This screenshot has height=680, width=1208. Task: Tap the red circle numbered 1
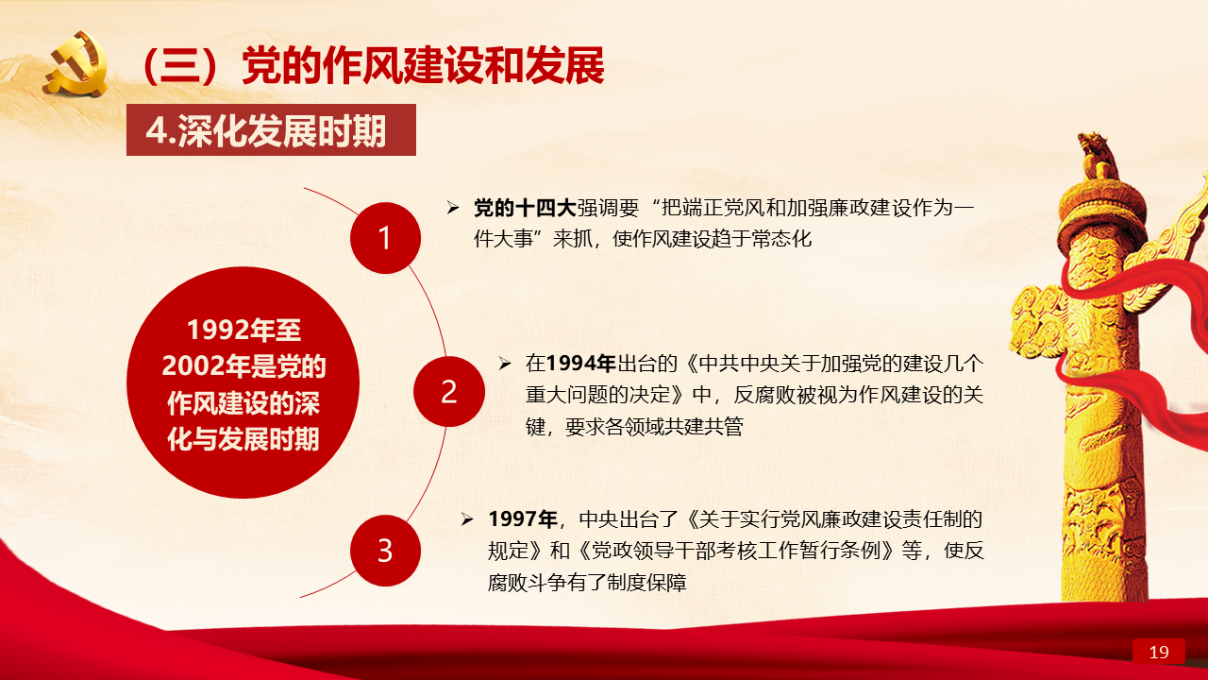(385, 238)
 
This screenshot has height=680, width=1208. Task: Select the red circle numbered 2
(448, 391)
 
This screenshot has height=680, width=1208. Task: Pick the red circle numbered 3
(385, 551)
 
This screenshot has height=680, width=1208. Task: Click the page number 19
(1159, 652)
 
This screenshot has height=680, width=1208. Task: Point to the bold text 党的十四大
(525, 208)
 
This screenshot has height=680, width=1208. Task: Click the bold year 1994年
(580, 364)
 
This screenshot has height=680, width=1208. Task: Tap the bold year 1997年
(523, 519)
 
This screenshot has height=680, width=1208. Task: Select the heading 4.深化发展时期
(266, 130)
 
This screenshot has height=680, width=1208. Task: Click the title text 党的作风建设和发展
(424, 66)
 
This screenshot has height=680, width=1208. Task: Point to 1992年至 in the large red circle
(243, 330)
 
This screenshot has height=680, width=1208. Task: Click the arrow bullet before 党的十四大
(452, 208)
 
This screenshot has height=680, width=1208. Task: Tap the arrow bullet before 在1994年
(504, 364)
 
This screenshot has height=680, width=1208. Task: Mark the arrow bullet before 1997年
(467, 519)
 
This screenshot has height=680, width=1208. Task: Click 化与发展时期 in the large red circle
(243, 439)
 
